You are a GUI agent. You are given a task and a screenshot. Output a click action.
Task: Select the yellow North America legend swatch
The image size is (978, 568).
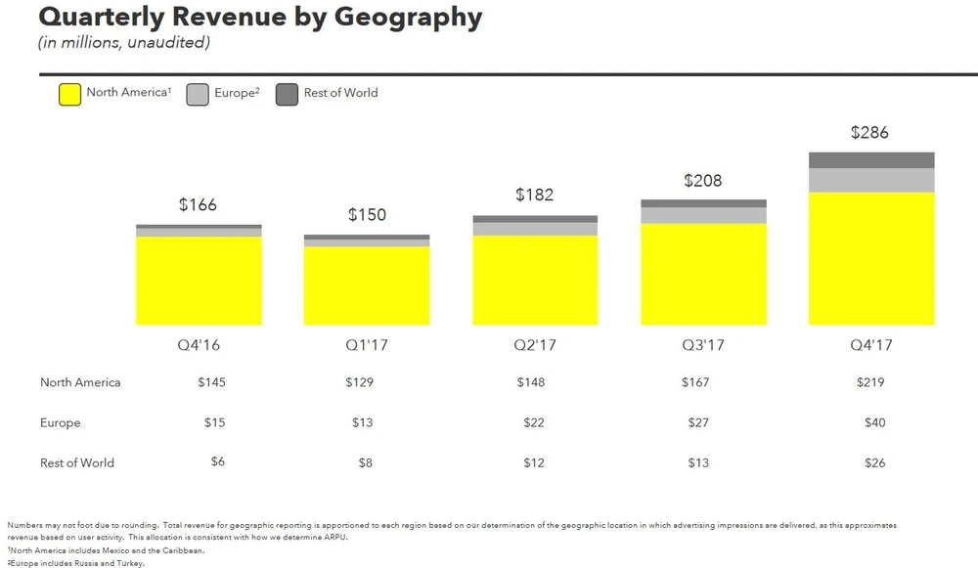69,94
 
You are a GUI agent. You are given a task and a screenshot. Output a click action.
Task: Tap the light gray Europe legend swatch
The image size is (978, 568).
198,94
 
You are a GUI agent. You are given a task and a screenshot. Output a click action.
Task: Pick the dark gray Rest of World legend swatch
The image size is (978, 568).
287,94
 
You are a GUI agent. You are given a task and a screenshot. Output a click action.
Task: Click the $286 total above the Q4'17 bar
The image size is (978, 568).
869,132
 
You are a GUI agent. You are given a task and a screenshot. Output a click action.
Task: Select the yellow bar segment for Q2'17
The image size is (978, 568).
535,280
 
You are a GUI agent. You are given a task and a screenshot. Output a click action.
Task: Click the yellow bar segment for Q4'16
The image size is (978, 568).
199,281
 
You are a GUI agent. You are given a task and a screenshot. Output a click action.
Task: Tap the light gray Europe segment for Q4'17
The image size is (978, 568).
871,180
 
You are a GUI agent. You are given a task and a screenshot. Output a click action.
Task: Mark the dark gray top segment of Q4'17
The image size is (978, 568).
871,160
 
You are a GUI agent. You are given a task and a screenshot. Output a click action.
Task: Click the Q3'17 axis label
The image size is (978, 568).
703,345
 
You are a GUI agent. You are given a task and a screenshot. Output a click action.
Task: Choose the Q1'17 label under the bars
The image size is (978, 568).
367,345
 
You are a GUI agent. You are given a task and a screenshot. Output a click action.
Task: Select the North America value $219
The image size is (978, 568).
869,382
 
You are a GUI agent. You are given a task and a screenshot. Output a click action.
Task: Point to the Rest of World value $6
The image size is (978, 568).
218,462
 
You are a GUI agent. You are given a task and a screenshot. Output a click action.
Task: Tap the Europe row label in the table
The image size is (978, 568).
61,422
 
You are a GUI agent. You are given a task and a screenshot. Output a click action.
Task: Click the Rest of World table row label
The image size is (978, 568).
77,462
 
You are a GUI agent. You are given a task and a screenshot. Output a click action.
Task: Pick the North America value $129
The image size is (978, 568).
360,382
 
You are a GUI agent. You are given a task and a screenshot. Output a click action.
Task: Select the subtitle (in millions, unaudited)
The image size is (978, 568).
123,42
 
